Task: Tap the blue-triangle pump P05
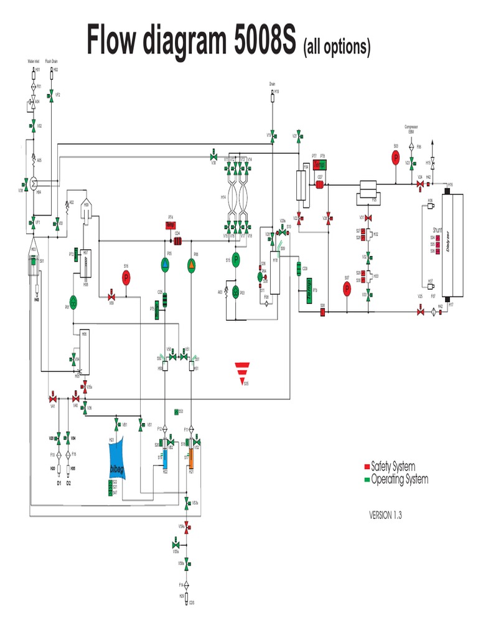coord(166,265)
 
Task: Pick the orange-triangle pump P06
coord(191,265)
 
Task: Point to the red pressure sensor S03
coord(395,158)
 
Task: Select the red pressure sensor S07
coord(347,288)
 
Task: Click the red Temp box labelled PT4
coord(170,226)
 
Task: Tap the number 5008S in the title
coord(256,40)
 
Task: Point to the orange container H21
coord(192,460)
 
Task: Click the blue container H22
coord(166,460)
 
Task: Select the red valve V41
coord(53,398)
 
